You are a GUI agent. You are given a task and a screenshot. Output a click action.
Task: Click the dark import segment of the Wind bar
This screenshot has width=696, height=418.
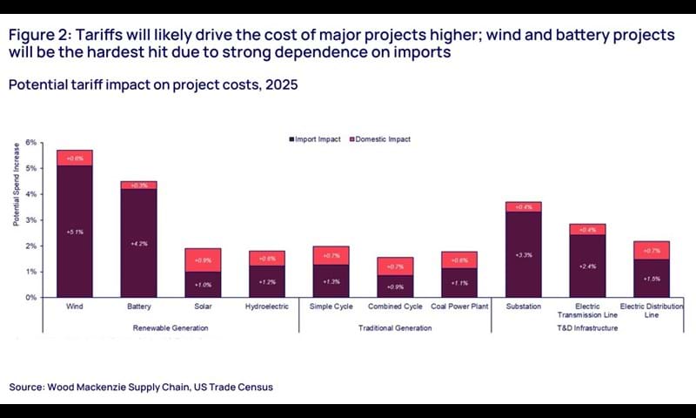click(x=75, y=231)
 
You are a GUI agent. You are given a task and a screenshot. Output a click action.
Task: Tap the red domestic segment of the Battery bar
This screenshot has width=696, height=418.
click(x=139, y=185)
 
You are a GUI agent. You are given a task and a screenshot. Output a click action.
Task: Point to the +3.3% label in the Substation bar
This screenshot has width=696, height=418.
click(x=523, y=255)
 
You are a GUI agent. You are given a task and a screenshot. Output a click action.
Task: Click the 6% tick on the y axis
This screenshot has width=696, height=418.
click(x=31, y=143)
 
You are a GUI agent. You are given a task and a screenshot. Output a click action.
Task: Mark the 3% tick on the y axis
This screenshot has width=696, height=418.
click(x=31, y=220)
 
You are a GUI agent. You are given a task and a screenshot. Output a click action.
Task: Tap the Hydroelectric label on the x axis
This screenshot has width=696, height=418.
click(x=266, y=307)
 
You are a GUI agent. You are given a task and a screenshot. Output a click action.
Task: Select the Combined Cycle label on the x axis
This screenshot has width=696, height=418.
click(x=394, y=307)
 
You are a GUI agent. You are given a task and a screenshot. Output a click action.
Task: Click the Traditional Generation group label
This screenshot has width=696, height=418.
click(x=395, y=327)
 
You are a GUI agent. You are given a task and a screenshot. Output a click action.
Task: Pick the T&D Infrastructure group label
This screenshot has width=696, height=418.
click(x=588, y=327)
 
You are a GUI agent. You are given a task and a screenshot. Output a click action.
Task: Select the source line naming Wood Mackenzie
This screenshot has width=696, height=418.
click(x=146, y=386)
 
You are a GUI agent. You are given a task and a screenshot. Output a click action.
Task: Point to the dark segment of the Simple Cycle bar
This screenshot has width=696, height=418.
click(x=331, y=280)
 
